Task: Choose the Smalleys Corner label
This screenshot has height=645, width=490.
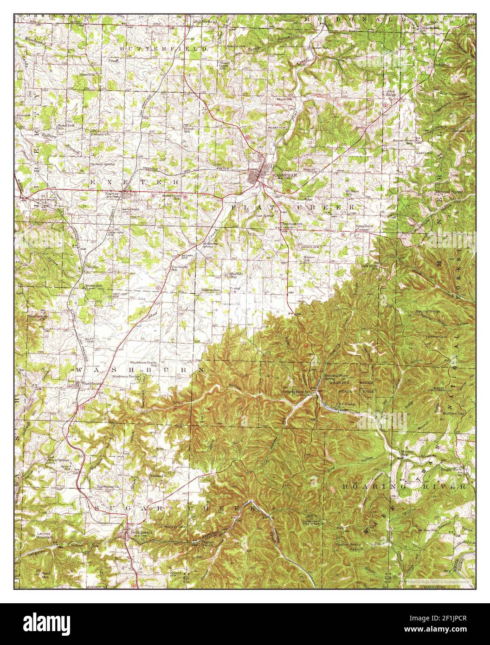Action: [x=362, y=227]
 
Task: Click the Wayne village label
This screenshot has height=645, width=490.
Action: [x=91, y=268]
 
